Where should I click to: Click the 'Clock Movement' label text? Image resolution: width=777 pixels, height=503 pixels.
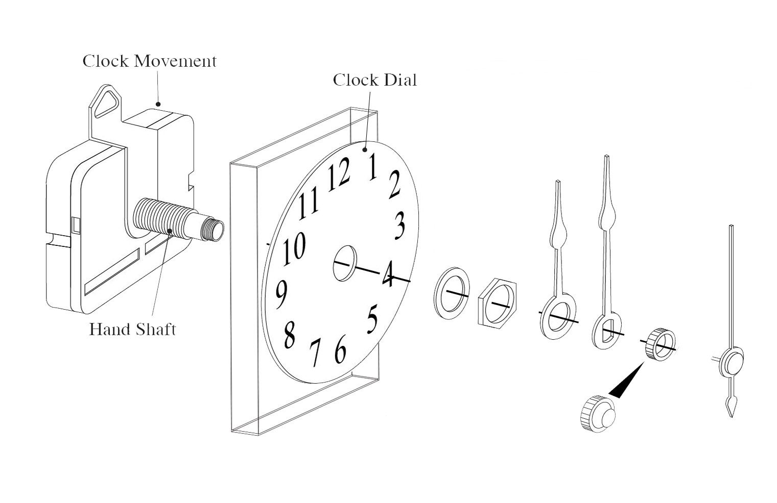(150, 61)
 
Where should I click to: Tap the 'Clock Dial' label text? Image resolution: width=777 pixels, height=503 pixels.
(374, 80)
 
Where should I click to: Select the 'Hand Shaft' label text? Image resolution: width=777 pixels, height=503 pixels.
(132, 330)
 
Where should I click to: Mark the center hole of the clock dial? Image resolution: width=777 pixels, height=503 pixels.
(345, 262)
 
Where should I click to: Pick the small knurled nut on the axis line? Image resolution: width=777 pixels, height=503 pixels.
(660, 344)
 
